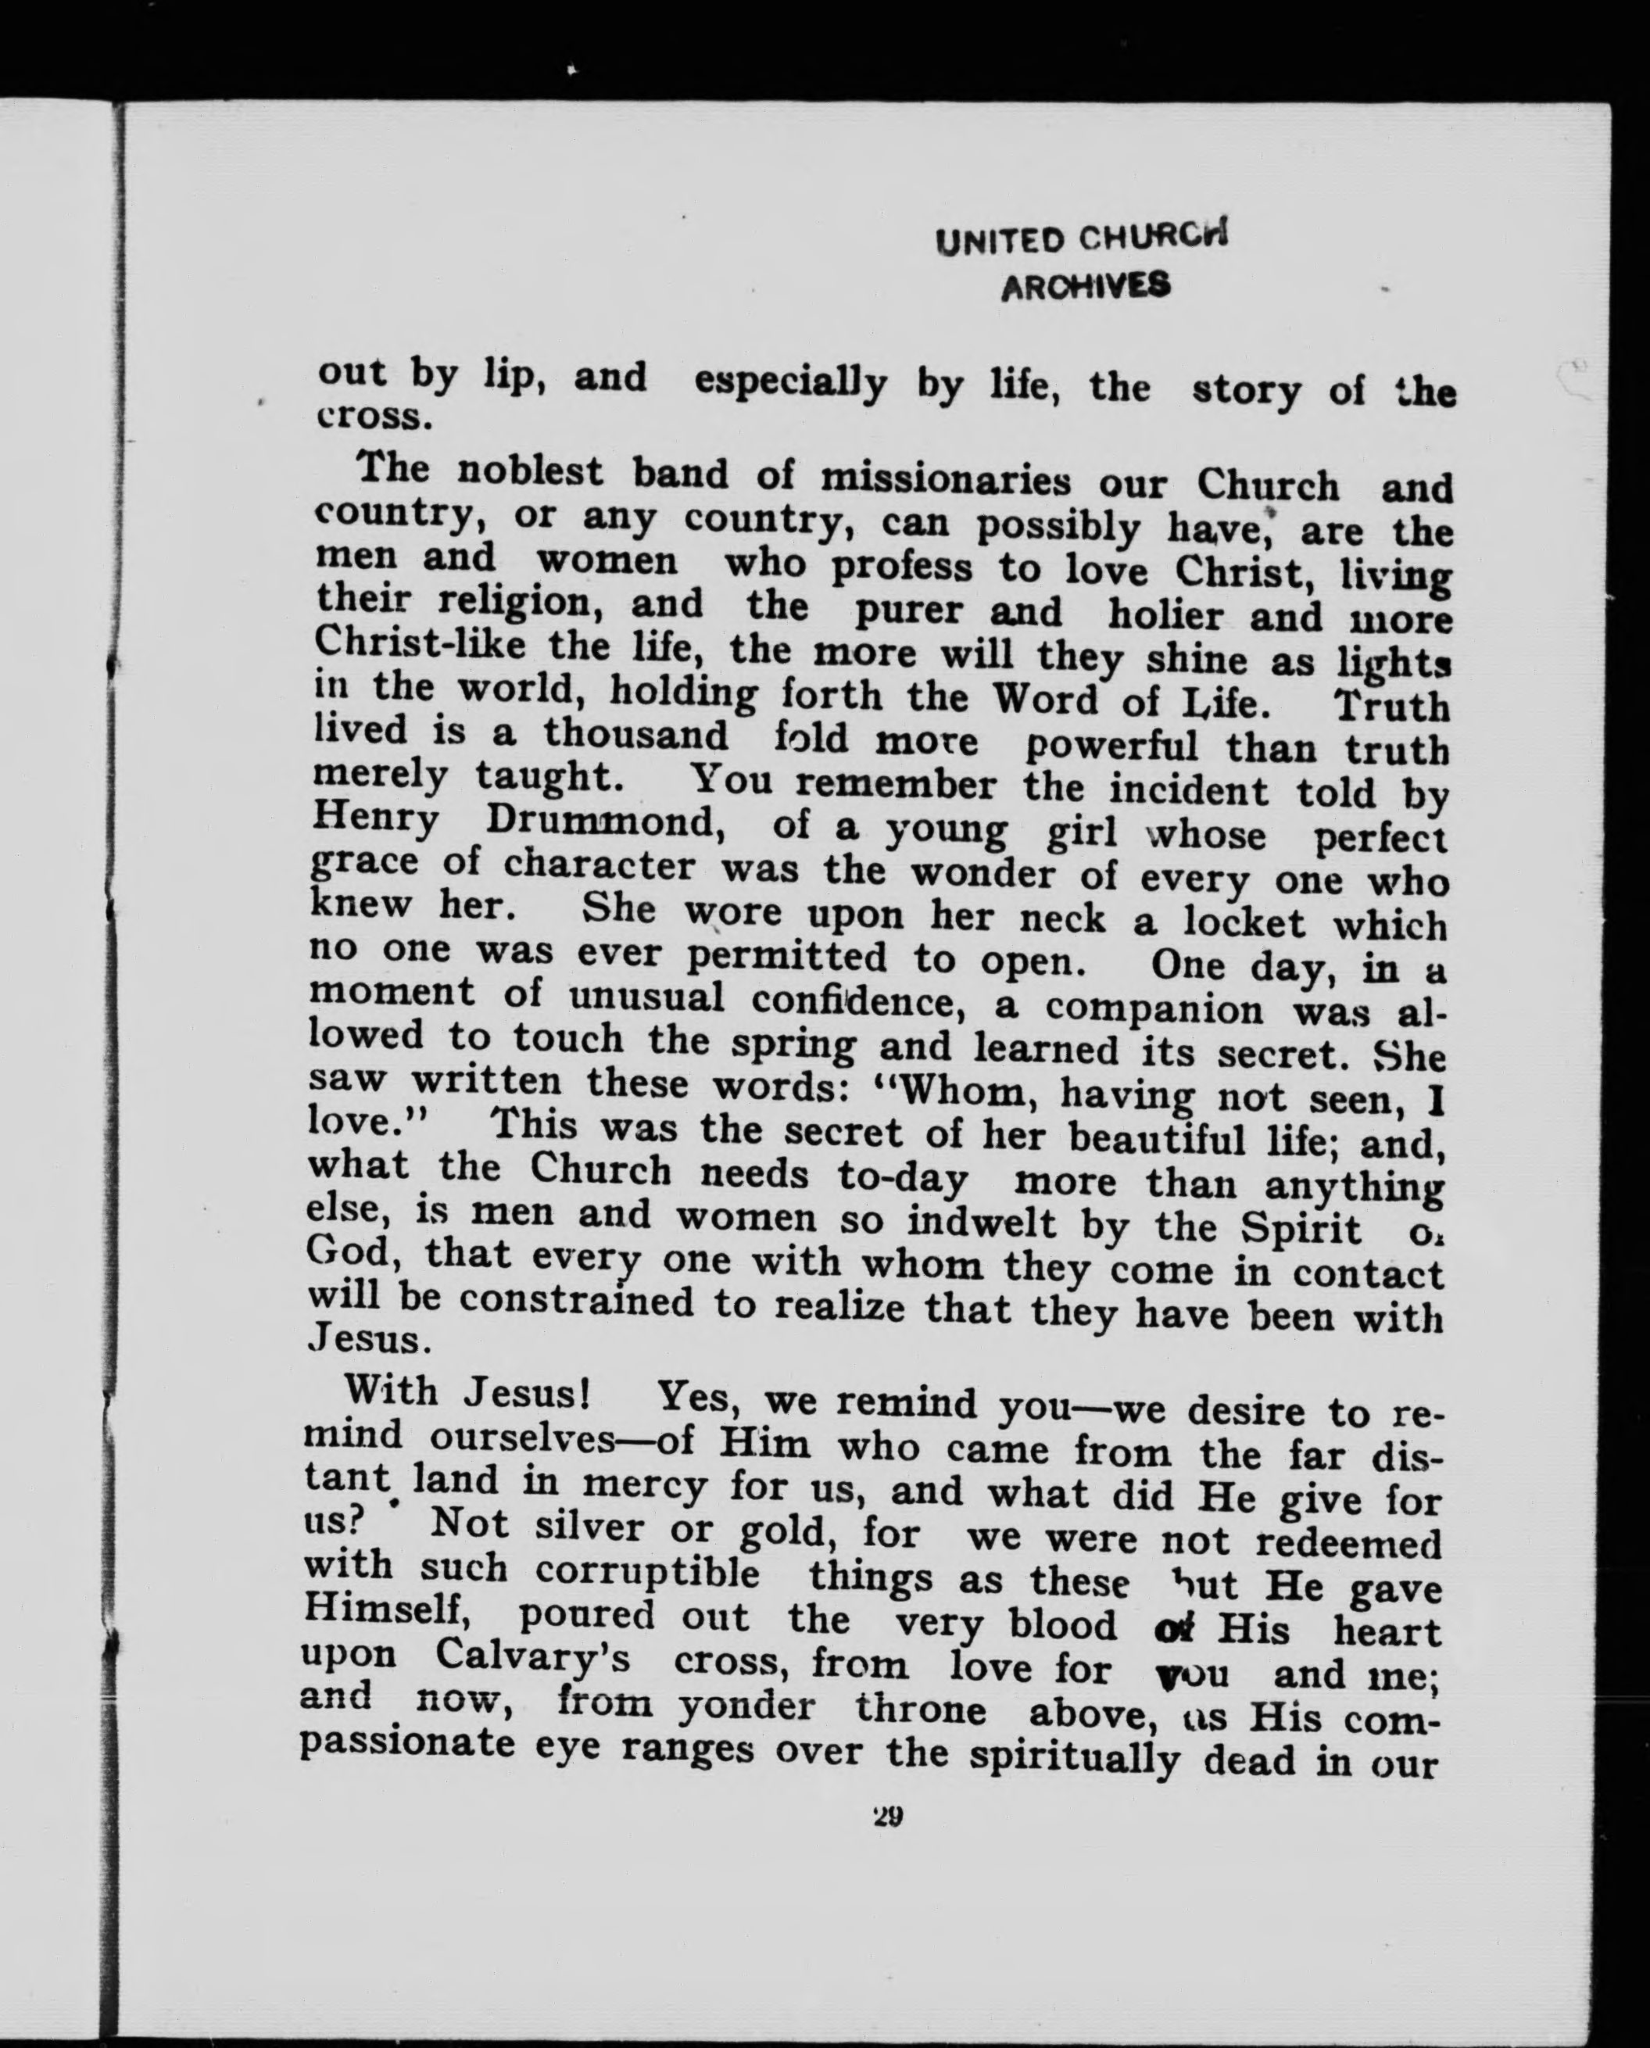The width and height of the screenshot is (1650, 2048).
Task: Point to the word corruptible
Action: (646, 1571)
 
